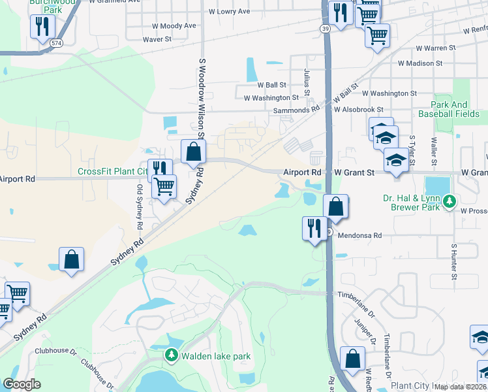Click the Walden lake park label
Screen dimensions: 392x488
click(x=216, y=356)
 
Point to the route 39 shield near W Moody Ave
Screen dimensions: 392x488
click(x=324, y=29)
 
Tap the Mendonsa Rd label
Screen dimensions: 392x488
click(x=359, y=235)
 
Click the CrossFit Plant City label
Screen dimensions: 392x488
click(x=112, y=172)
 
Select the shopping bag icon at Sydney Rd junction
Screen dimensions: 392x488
click(x=193, y=152)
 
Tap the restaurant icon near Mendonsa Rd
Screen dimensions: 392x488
click(x=314, y=228)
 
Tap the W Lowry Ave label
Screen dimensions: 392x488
click(x=229, y=11)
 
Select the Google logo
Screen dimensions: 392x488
click(x=22, y=384)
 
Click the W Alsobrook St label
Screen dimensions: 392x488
click(x=358, y=110)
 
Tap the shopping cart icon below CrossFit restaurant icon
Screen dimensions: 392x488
click(x=164, y=186)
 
